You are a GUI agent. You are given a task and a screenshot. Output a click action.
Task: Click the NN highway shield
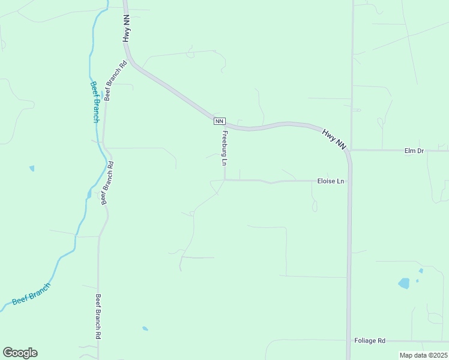219,121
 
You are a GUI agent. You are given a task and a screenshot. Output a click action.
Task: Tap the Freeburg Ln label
224,148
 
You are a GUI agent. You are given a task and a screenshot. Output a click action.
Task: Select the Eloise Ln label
331,181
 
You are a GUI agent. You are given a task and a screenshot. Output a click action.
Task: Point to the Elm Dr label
414,151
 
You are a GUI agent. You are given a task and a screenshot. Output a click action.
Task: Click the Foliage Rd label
370,340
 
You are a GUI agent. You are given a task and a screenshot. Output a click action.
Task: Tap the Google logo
20,353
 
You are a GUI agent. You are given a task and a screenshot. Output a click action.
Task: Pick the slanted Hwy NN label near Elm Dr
334,139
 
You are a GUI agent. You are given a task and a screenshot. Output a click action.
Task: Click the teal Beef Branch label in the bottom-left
31,293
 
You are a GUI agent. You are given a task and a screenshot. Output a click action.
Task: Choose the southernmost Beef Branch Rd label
97,317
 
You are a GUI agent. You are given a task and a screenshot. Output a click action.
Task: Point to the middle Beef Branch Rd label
107,183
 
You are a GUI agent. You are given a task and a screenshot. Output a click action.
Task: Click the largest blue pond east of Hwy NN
404,283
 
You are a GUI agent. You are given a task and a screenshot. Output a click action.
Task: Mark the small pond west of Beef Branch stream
31,169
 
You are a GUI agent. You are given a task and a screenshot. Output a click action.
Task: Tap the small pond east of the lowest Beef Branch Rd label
145,328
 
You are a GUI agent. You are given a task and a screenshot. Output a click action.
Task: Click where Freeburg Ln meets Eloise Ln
224,179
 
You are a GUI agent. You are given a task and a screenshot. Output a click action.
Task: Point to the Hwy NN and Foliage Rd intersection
349,341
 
